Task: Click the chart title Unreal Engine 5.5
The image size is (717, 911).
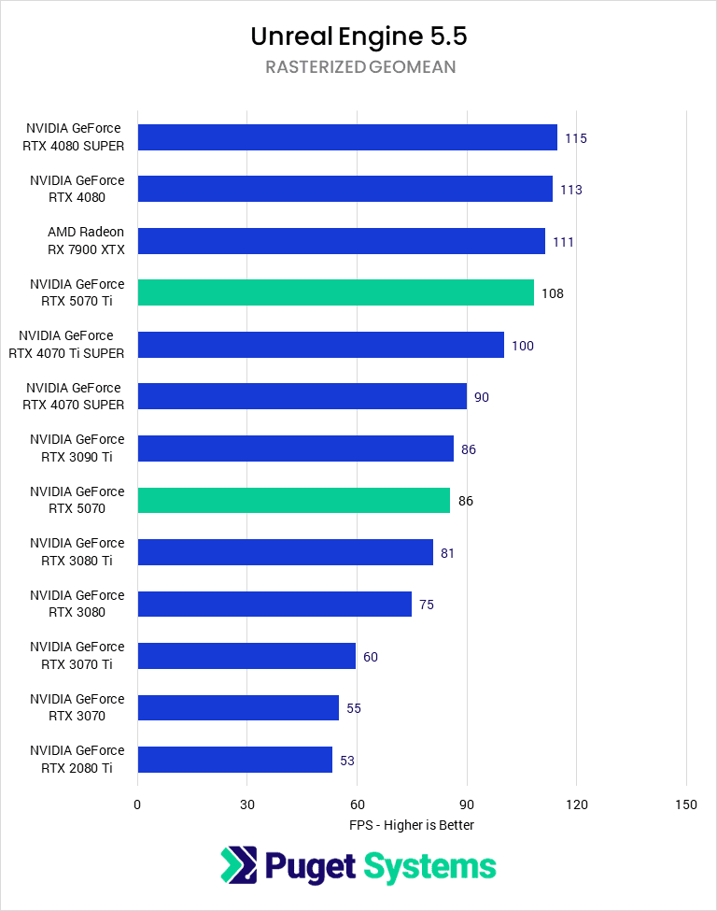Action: (358, 36)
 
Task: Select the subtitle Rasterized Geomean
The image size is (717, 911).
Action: (358, 67)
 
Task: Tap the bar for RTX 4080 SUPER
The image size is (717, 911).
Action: (347, 137)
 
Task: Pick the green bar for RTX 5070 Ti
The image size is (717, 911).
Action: (335, 292)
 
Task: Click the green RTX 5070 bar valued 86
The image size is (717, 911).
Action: (293, 500)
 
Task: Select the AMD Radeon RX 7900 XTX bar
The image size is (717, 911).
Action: (341, 241)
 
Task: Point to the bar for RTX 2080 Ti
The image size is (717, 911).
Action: (234, 760)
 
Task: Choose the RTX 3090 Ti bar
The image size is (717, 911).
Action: (295, 448)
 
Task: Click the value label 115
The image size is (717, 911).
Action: (575, 138)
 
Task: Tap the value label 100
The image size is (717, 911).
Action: (522, 346)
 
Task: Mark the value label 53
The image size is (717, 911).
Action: (346, 761)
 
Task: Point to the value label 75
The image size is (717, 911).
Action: (426, 605)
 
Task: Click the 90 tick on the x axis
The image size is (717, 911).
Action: (467, 805)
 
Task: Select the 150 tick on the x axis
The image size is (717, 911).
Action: (686, 805)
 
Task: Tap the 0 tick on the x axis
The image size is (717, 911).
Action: (137, 805)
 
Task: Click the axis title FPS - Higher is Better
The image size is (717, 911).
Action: (412, 825)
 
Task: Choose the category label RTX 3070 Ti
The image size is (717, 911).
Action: (77, 656)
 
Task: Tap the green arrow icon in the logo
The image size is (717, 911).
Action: (238, 865)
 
